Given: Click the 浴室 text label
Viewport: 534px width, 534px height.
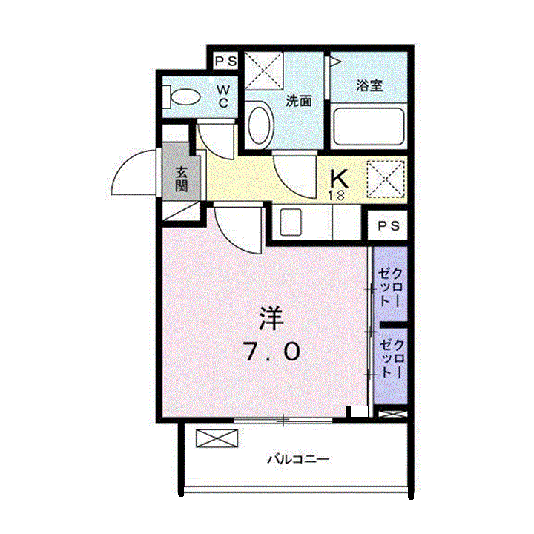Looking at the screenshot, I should [x=369, y=85].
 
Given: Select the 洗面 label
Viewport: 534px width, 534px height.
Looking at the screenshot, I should [x=298, y=101].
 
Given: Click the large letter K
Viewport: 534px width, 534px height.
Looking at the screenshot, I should [x=338, y=179].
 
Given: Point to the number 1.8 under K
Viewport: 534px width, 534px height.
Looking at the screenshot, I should [x=336, y=197].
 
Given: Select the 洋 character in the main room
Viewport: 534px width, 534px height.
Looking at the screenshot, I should [x=271, y=319].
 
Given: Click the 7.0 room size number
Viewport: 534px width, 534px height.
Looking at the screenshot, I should [x=271, y=352].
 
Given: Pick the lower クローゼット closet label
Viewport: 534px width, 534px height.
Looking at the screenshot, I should [x=390, y=358].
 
